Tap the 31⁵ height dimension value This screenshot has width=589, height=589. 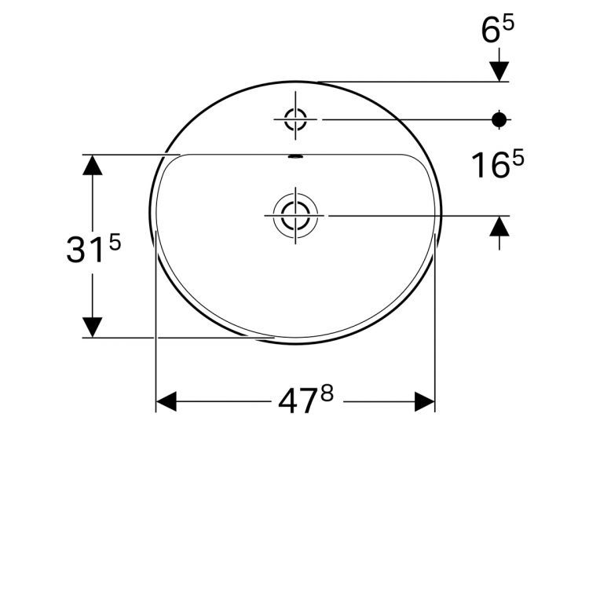tap(93, 250)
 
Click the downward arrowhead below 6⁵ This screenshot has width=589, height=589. tap(499, 71)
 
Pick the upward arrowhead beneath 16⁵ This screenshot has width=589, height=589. tap(499, 225)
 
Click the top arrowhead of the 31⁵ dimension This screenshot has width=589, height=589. tap(93, 165)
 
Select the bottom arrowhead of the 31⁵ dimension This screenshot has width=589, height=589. tap(93, 327)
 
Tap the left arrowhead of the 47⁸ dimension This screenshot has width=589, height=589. tap(166, 402)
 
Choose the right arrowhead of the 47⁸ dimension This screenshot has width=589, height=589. tap(425, 402)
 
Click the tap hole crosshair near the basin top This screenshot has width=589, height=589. tap(295, 119)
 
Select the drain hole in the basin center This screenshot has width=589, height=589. tap(295, 214)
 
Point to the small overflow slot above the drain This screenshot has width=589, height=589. tap(295, 156)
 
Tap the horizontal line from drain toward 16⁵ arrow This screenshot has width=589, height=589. tap(416, 214)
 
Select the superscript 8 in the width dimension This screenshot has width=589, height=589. tap(326, 393)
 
